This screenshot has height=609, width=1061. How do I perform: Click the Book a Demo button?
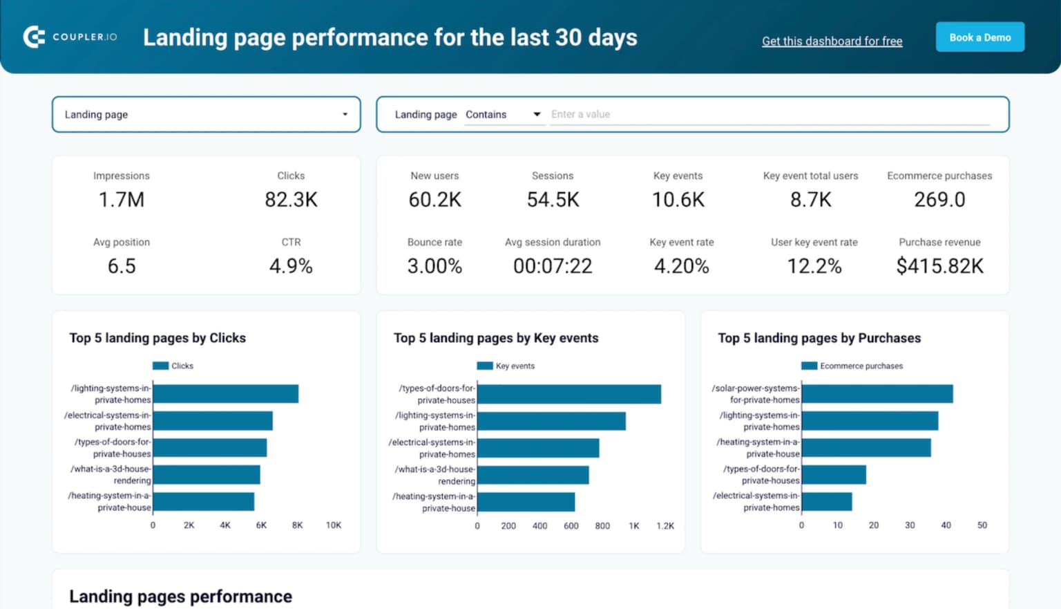tap(979, 37)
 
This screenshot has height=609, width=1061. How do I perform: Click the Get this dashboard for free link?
tap(832, 41)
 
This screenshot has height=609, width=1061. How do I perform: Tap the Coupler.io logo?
tap(70, 37)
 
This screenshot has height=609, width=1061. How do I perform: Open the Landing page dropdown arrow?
tap(345, 114)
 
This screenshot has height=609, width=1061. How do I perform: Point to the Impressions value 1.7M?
tap(122, 200)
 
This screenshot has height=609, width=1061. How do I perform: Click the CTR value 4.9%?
tap(291, 266)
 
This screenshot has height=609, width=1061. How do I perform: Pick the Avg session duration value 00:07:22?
tap(553, 266)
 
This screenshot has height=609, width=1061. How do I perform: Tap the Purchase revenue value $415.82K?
tap(939, 266)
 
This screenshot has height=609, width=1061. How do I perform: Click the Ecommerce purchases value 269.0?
tap(939, 200)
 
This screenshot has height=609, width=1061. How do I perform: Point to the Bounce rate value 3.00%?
tap(434, 266)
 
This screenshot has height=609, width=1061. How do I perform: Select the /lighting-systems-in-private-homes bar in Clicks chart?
tap(226, 394)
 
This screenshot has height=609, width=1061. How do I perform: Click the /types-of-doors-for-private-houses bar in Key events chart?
tap(569, 394)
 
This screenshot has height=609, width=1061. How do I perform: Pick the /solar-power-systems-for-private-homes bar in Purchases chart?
tap(877, 394)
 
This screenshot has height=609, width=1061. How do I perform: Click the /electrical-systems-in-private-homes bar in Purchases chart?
tap(827, 502)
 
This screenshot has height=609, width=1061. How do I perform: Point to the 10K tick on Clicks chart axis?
tap(334, 525)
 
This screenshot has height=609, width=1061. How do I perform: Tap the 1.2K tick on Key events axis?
tap(665, 526)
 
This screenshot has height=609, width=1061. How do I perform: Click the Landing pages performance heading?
tap(180, 596)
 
